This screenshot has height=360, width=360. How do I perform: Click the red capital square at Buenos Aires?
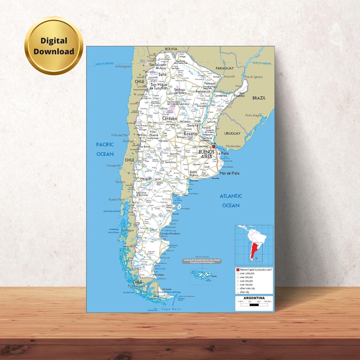(214, 146)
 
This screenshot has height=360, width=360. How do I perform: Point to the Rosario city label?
(190, 134)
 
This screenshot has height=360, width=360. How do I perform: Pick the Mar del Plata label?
(229, 173)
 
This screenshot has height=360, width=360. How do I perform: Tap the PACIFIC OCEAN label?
(105, 149)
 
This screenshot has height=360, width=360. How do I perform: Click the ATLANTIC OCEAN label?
(231, 200)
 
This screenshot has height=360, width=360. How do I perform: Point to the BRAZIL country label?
(259, 98)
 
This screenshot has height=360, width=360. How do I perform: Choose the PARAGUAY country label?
(224, 68)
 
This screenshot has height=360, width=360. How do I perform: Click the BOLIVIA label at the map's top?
(171, 49)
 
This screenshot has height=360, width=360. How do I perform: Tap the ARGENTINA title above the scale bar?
(254, 298)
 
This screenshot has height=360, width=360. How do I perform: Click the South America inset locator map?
(254, 245)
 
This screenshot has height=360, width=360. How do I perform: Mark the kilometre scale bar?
(254, 304)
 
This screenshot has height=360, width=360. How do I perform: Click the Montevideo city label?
(234, 146)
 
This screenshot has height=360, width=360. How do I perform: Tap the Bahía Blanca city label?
(194, 174)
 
